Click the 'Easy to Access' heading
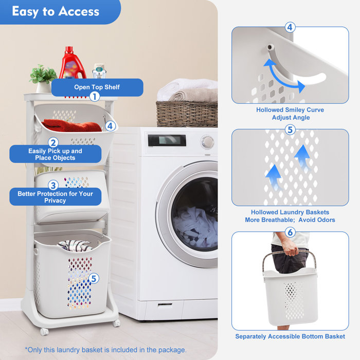56,11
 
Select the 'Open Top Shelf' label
97,87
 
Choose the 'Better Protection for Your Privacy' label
55,197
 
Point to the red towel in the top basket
71,125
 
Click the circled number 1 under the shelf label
95,96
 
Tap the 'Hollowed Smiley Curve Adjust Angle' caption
290,114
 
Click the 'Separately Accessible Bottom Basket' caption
290,336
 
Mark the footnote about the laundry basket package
105,350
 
